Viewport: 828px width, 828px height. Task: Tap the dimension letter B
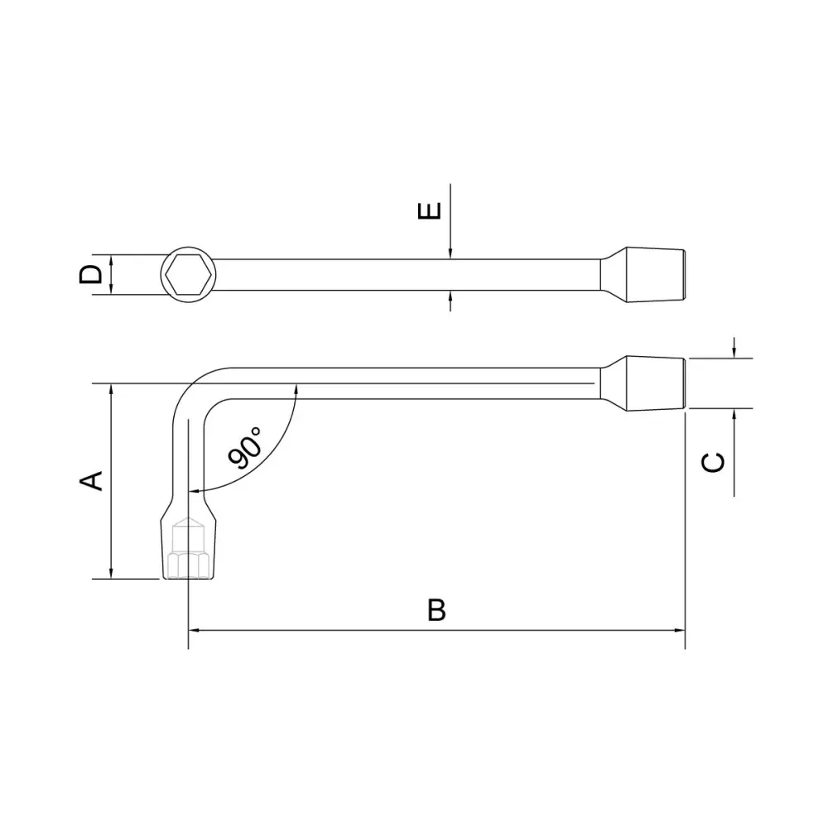pyautogui.click(x=436, y=610)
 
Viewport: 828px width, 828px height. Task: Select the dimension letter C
pyautogui.click(x=713, y=463)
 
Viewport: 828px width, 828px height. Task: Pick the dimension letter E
pyautogui.click(x=429, y=211)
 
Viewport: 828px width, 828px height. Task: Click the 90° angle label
pyautogui.click(x=245, y=448)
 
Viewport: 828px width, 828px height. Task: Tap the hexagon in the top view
pyautogui.click(x=189, y=275)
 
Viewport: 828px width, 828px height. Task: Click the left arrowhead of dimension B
pyautogui.click(x=194, y=630)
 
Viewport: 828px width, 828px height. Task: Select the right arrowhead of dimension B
pyautogui.click(x=680, y=630)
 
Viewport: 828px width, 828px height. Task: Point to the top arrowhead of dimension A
pyautogui.click(x=111, y=389)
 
